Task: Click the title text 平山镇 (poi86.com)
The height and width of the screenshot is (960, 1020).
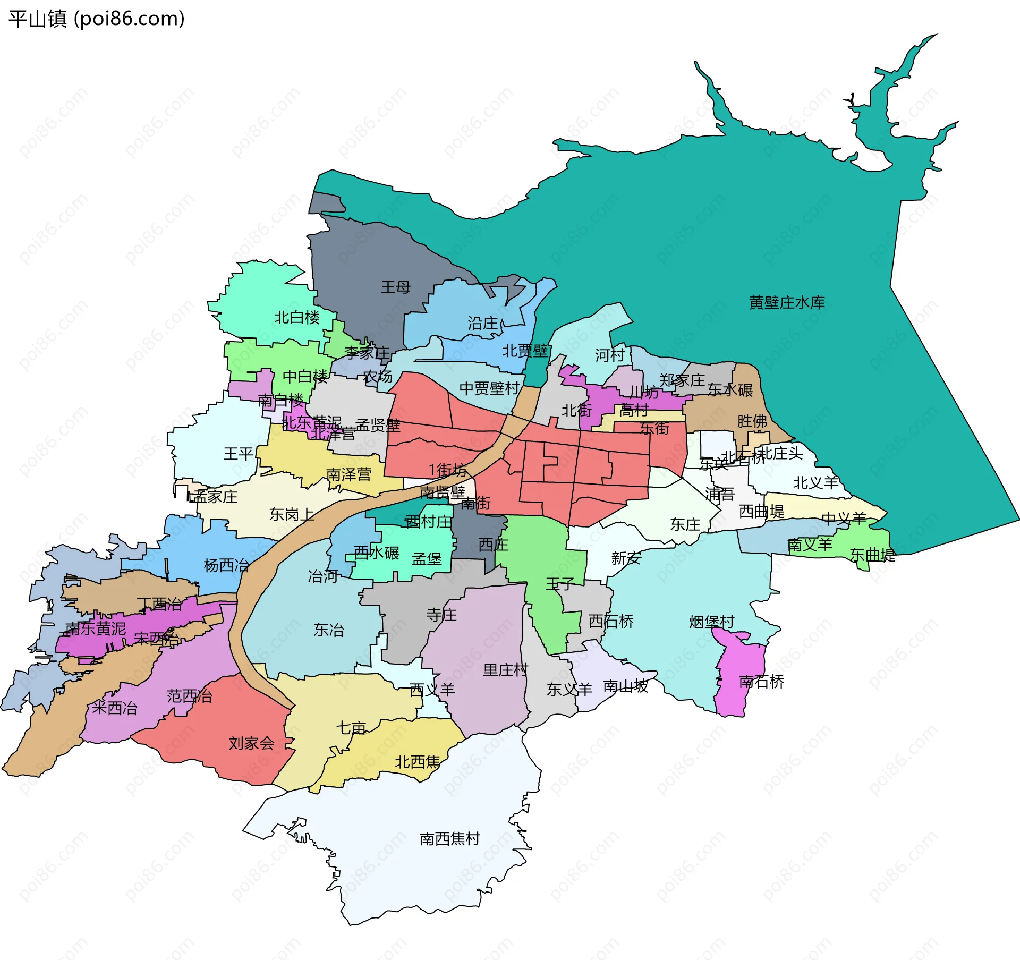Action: tap(96, 19)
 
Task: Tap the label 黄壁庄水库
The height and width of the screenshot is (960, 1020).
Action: tap(786, 303)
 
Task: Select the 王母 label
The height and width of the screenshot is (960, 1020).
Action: tap(396, 287)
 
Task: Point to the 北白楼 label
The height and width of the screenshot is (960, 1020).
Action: tap(297, 318)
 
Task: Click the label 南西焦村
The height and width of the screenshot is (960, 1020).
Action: tap(449, 839)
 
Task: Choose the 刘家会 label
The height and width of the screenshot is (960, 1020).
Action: tap(251, 743)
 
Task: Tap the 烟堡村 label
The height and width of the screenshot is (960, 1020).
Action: tap(711, 622)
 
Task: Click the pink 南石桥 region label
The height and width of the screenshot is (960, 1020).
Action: tap(761, 682)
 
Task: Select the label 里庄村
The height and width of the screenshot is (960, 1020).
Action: tap(505, 670)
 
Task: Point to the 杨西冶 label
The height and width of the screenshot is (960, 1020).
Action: tap(226, 565)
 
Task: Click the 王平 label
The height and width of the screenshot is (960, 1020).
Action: tap(238, 454)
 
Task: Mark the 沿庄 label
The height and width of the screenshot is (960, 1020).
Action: tap(482, 323)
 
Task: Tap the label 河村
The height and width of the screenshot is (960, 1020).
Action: tap(609, 355)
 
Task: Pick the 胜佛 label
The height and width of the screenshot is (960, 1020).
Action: tap(752, 421)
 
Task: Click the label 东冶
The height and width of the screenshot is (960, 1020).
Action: tap(328, 630)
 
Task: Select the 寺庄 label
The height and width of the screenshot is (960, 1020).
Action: tap(441, 615)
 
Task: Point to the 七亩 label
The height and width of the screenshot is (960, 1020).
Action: tap(351, 728)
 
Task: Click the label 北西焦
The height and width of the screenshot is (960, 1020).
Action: tap(418, 762)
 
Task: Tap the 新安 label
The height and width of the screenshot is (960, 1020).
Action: tap(626, 558)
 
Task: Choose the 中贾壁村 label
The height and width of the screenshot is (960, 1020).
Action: tap(489, 388)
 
